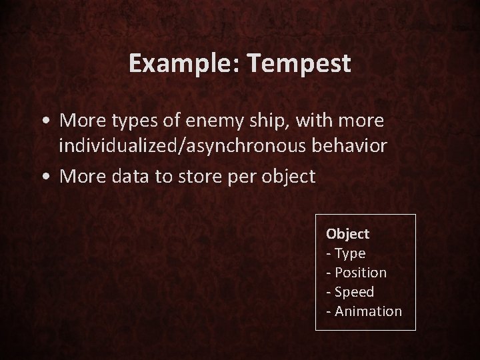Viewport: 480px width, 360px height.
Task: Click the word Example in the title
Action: pos(178,64)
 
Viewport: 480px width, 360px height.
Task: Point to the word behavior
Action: pos(355,147)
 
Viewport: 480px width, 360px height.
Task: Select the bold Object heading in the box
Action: pos(347,234)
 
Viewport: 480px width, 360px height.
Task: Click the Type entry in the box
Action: pos(349,253)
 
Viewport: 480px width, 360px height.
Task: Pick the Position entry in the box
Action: pos(359,273)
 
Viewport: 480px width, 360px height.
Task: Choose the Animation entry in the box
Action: pos(368,311)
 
